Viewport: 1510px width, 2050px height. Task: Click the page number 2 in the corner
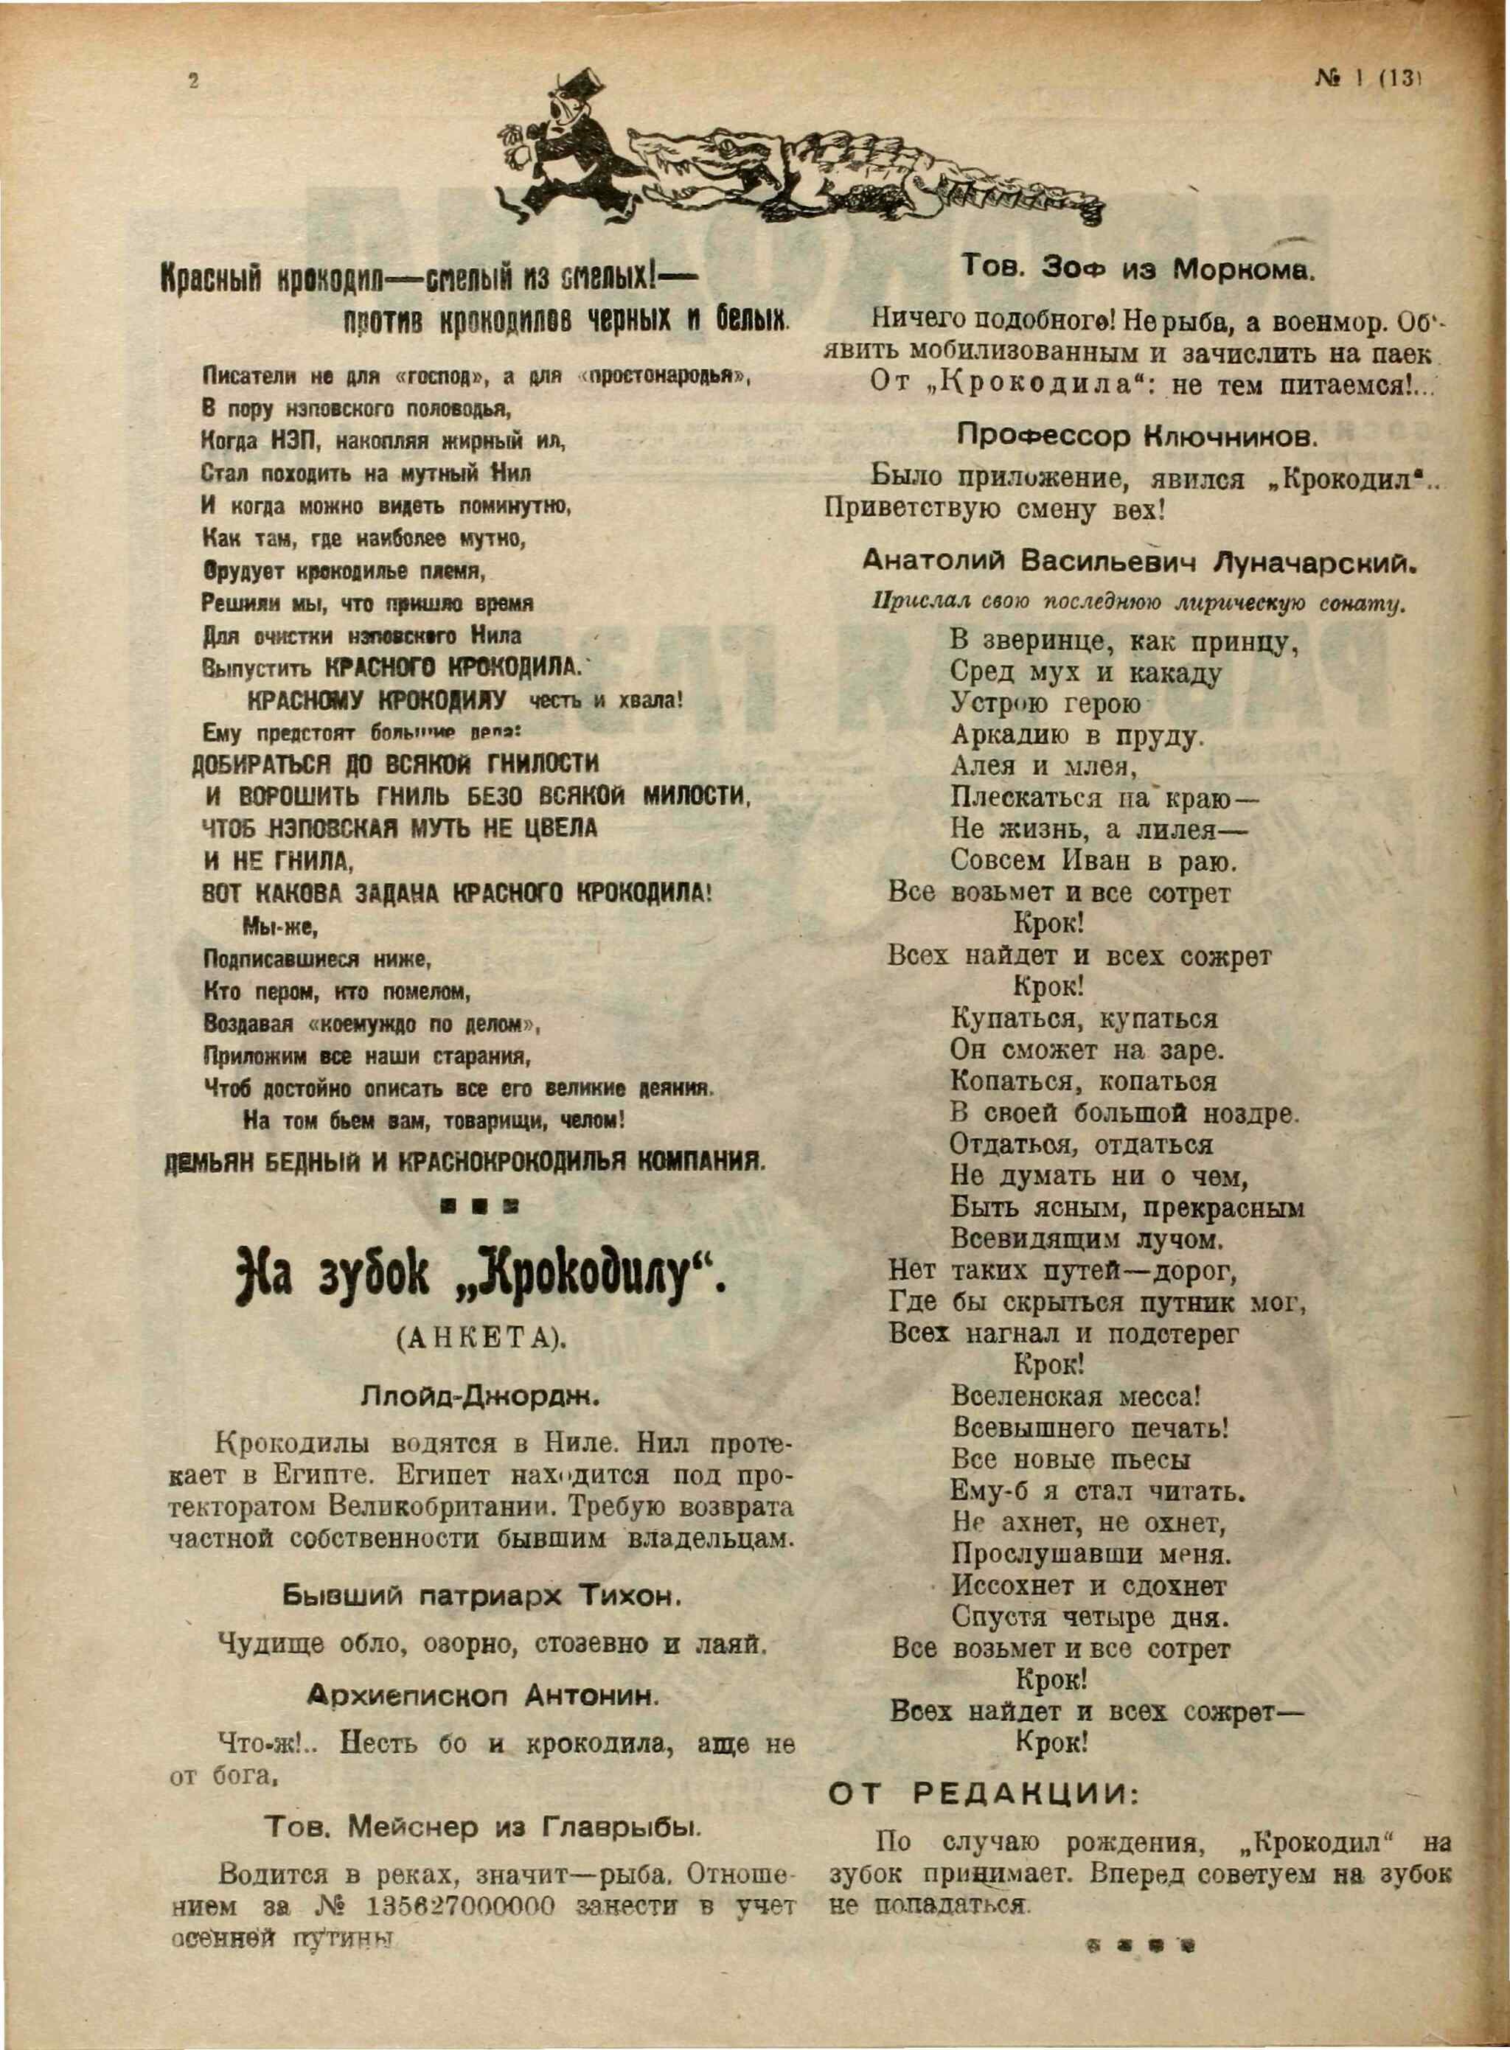click(193, 80)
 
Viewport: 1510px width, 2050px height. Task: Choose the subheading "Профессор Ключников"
click(1137, 438)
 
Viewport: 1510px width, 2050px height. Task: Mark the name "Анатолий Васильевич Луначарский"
click(1138, 563)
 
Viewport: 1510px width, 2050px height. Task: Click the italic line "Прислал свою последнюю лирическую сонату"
click(1138, 603)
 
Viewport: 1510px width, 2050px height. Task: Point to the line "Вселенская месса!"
click(1075, 1398)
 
